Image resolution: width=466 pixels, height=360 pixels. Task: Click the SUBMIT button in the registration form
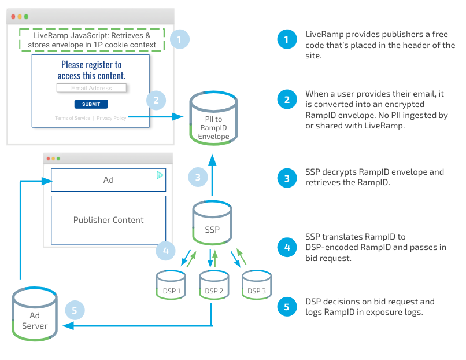click(91, 104)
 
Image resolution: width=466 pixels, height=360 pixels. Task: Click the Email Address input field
click(91, 88)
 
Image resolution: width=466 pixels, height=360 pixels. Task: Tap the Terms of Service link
click(72, 118)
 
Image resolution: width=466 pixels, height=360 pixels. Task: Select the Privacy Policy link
click(112, 118)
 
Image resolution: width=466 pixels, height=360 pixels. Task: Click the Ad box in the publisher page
click(108, 180)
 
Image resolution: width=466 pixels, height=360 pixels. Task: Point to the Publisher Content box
click(108, 220)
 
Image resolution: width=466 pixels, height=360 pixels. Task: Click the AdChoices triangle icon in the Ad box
click(160, 175)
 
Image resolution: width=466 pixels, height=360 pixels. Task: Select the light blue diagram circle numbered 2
click(156, 100)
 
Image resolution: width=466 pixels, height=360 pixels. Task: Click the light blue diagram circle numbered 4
click(165, 251)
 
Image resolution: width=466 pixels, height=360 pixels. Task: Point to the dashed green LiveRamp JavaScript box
click(92, 40)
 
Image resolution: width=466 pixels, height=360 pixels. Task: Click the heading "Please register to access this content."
click(91, 70)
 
